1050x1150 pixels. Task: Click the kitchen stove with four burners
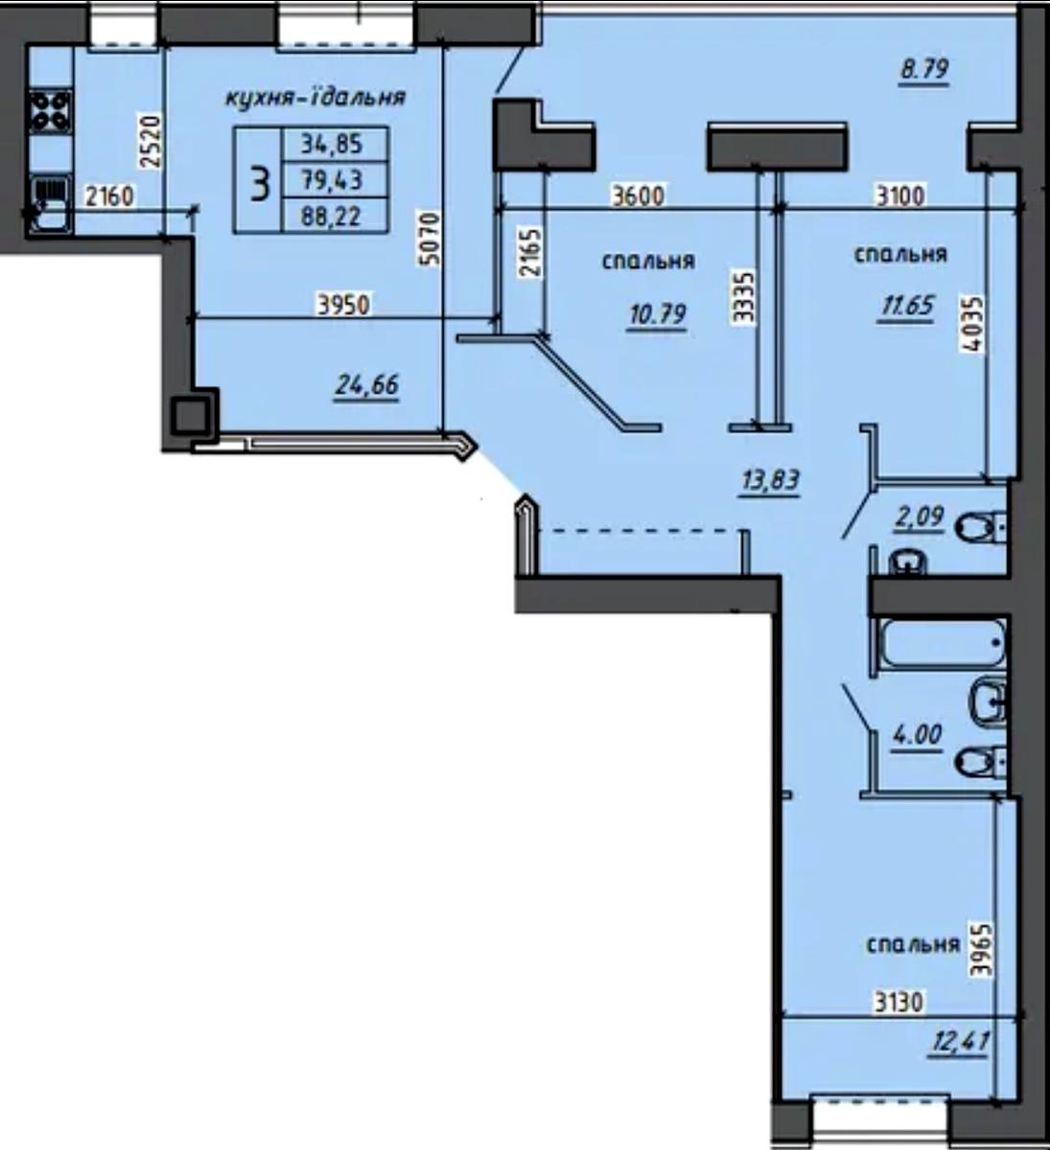[x=51, y=112]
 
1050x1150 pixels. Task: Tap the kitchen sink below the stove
[x=50, y=203]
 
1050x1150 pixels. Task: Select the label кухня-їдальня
[x=315, y=98]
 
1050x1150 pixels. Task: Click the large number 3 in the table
[x=259, y=179]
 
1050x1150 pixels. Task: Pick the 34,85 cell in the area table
[x=332, y=144]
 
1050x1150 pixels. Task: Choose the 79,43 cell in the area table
[x=332, y=180]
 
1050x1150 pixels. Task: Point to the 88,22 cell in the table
[x=331, y=217]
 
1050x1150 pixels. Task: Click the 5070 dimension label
[x=430, y=239]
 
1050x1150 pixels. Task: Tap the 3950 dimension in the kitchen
[x=343, y=305]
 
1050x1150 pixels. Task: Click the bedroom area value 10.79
[x=658, y=314]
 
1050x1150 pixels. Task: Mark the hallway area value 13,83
[x=770, y=480]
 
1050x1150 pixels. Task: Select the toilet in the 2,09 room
[x=981, y=526]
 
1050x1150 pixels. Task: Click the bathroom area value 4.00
[x=918, y=735]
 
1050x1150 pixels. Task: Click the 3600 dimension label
[x=638, y=195]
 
